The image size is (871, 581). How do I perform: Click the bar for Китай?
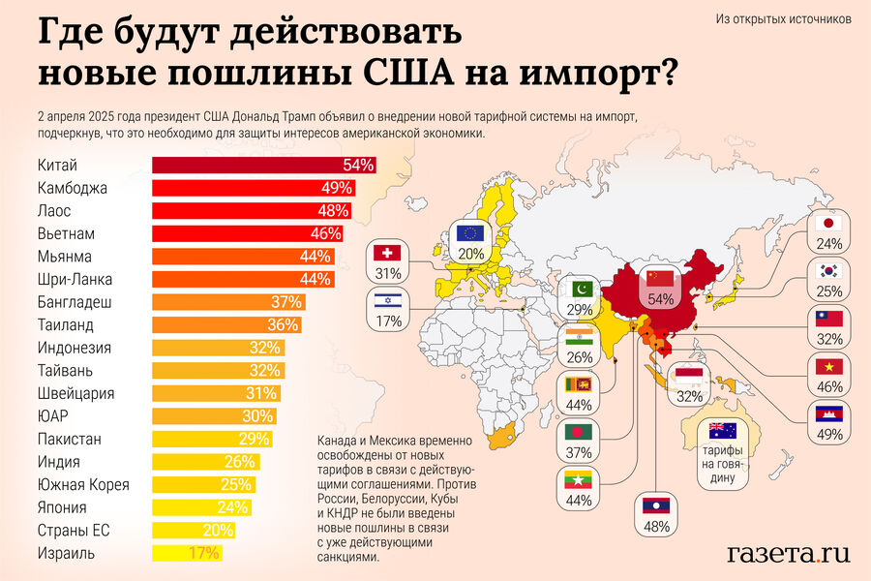pyautogui.click(x=261, y=165)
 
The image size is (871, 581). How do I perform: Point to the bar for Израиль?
pyautogui.click(x=186, y=554)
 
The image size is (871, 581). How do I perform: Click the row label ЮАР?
pyautogui.click(x=54, y=416)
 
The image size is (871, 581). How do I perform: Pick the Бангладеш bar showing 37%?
pyautogui.click(x=226, y=302)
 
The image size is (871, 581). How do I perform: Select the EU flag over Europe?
pyautogui.click(x=471, y=232)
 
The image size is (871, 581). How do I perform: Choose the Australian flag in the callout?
pyautogui.click(x=722, y=431)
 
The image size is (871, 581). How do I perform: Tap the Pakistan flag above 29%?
pyautogui.click(x=581, y=288)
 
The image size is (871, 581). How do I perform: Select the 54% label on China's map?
pyautogui.click(x=660, y=300)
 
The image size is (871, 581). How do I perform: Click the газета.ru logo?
pyautogui.click(x=788, y=553)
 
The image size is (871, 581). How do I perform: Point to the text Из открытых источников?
pyautogui.click(x=784, y=18)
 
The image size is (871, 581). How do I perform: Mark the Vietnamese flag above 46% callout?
pyautogui.click(x=828, y=366)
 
